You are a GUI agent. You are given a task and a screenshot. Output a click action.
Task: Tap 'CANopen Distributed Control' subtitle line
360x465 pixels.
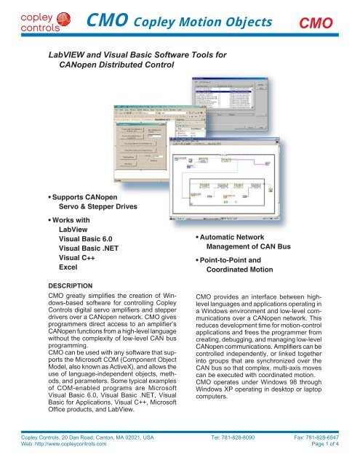click(116, 64)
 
